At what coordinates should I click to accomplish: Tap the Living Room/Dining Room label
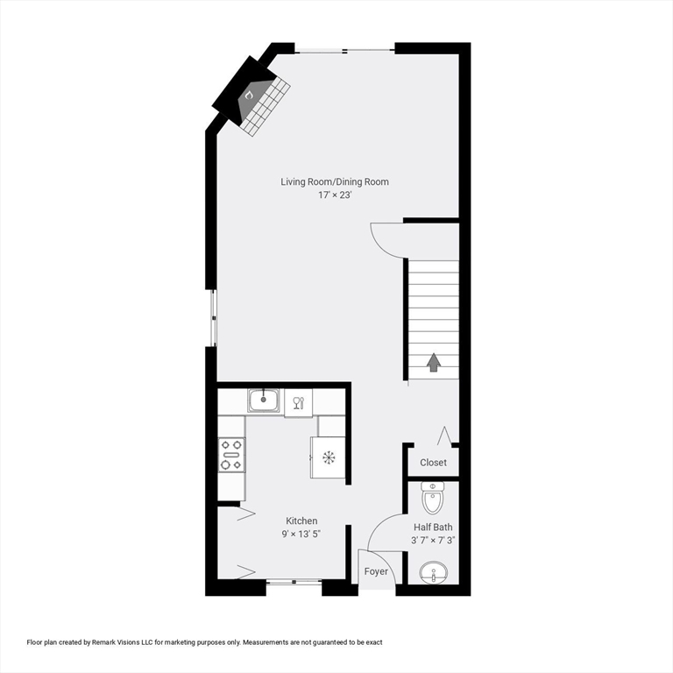coord(334,182)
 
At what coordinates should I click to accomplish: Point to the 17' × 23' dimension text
coord(334,195)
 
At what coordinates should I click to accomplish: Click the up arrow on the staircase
coord(433,363)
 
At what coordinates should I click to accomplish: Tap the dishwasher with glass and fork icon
coord(298,402)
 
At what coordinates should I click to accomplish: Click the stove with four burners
coord(231,455)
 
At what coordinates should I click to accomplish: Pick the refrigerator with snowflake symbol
coord(329,457)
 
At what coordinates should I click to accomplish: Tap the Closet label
coord(433,463)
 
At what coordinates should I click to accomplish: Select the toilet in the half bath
coord(433,499)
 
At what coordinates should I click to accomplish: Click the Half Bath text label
coord(433,527)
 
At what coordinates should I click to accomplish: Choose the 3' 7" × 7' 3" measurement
coord(433,541)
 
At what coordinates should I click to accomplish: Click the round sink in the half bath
coord(433,574)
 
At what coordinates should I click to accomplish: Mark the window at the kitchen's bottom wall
coord(294,581)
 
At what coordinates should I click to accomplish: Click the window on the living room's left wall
coord(212,317)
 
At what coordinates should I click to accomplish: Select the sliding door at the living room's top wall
coord(344,50)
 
